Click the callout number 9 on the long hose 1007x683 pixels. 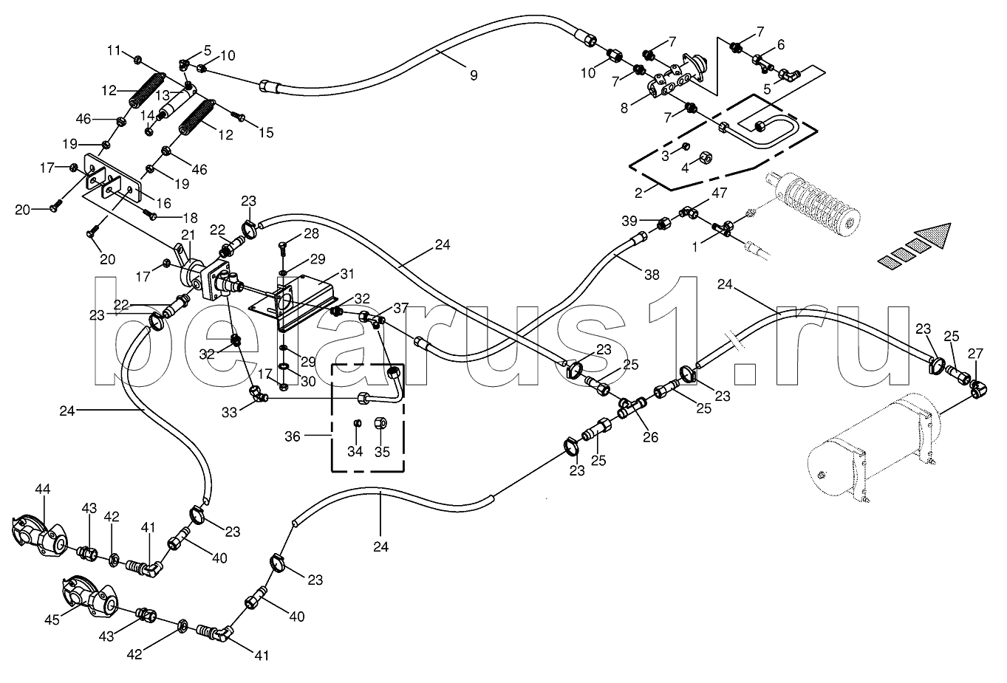pyautogui.click(x=474, y=75)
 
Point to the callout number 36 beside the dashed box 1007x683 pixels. pyautogui.click(x=293, y=436)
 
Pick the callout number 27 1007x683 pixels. pyautogui.click(x=975, y=354)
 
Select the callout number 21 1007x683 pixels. pyautogui.click(x=188, y=234)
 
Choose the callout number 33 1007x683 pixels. pyautogui.click(x=231, y=412)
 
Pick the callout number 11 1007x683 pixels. pyautogui.click(x=114, y=50)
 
